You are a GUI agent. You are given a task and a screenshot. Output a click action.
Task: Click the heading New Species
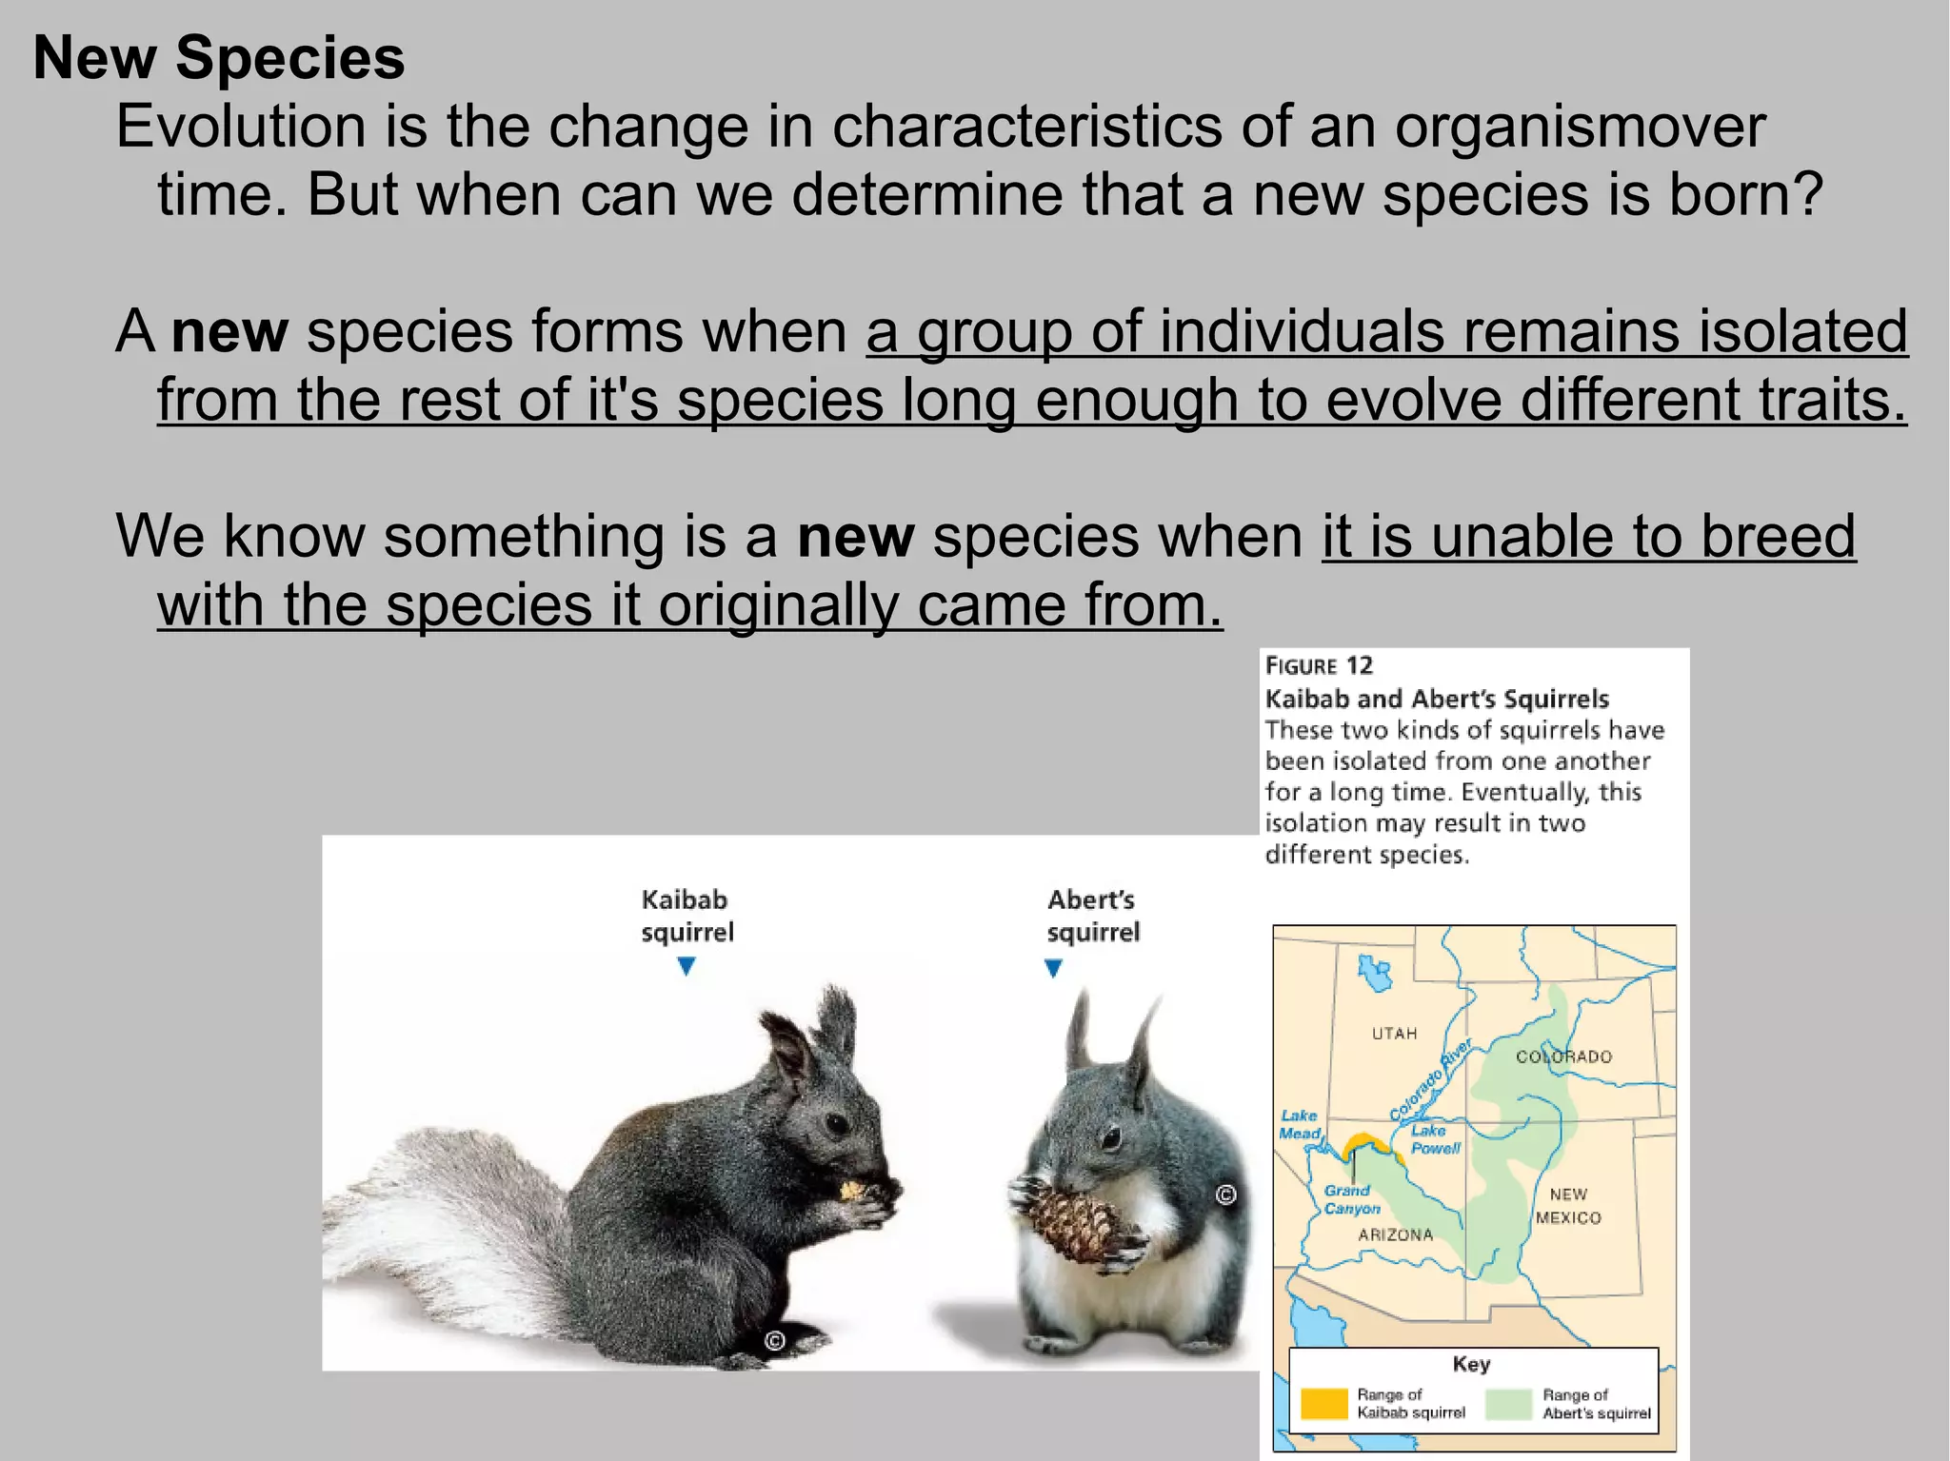[x=219, y=57]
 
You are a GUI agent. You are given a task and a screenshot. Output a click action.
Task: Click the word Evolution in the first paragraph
[x=241, y=126]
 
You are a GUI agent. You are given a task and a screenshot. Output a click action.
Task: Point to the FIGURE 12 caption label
[x=1319, y=665]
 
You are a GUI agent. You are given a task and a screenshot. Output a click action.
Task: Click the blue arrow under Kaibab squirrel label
[x=686, y=967]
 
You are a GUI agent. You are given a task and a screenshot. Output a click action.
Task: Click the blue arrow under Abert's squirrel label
[x=1053, y=969]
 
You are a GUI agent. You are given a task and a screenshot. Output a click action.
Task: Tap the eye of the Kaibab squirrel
[x=836, y=1124]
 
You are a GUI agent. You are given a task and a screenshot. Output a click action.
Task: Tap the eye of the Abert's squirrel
[x=1111, y=1136]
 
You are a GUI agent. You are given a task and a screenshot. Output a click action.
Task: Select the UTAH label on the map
[x=1394, y=1034]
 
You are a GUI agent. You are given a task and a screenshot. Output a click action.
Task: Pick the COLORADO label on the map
[x=1563, y=1056]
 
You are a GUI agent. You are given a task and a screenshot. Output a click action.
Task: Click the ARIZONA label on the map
[x=1395, y=1234]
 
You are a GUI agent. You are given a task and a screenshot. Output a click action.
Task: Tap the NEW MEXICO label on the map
[x=1568, y=1206]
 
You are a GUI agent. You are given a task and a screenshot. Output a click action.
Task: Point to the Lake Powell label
[x=1435, y=1139]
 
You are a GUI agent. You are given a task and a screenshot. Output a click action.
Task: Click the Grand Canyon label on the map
[x=1351, y=1199]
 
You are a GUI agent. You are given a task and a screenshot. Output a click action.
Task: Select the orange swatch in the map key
[x=1323, y=1403]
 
